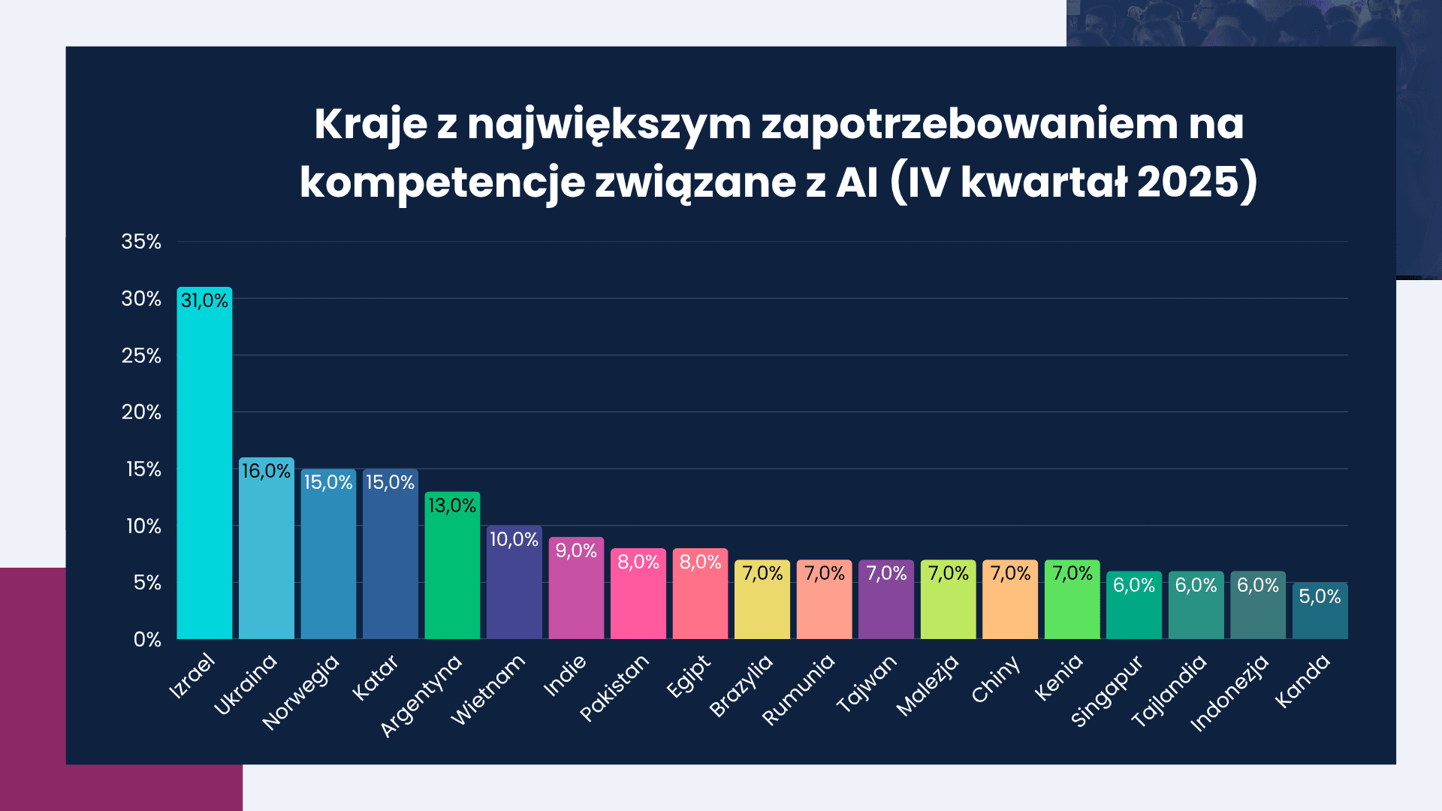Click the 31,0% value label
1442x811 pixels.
(204, 301)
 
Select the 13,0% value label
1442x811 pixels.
(452, 505)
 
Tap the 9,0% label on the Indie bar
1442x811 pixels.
(576, 550)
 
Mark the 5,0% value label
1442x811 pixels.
(1320, 596)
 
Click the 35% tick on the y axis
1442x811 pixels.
(141, 242)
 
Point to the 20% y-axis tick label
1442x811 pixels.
(141, 412)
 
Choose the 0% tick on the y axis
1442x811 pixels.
(147, 640)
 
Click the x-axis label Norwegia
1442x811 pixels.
(301, 692)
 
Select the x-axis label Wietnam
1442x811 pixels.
(488, 689)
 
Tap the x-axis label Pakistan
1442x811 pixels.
(614, 688)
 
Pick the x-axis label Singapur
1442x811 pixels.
(1106, 691)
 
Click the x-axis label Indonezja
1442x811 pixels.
(1229, 693)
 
